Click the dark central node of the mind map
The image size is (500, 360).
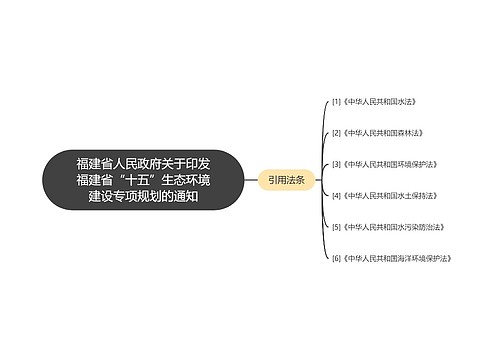coord(143,180)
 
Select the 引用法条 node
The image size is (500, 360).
coord(287,180)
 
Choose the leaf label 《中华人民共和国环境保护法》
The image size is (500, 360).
coord(389,164)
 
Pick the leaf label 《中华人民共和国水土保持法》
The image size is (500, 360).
coord(389,195)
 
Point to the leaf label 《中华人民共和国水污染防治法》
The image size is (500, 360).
coord(392,226)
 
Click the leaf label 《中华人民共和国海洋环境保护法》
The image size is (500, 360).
coord(398,258)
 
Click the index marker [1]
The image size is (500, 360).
coord(336,102)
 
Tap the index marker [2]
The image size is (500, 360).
coord(336,133)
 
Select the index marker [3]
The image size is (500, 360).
coord(336,164)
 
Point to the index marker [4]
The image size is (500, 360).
coord(336,195)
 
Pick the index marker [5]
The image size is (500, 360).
coord(336,226)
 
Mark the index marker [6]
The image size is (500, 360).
coord(336,258)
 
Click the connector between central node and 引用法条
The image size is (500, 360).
coord(250,180)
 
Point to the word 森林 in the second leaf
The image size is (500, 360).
coord(397,133)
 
